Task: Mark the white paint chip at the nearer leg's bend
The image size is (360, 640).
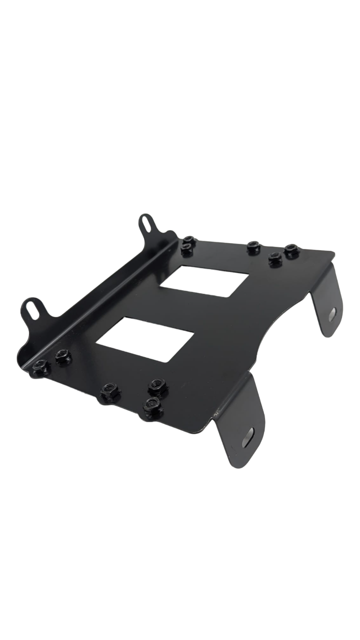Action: (x=216, y=413)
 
